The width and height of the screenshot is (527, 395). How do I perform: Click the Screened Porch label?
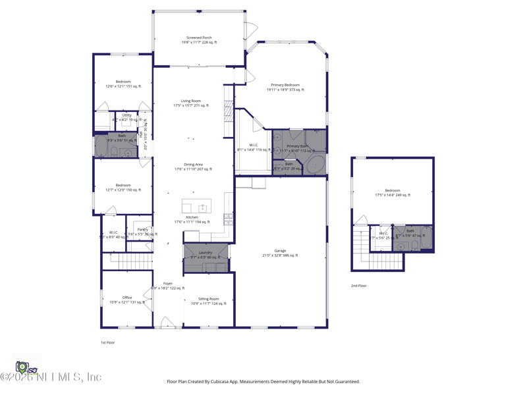(199, 38)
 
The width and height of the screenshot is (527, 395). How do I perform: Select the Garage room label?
(281, 251)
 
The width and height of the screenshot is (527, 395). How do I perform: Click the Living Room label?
(190, 101)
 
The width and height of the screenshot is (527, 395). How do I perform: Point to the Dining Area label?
(193, 165)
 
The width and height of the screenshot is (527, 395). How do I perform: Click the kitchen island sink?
(203, 208)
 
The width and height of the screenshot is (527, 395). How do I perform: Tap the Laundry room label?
(205, 252)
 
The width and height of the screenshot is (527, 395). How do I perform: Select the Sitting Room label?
(209, 299)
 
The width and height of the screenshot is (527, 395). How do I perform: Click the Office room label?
(126, 298)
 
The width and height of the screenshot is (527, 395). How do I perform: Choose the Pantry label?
(142, 230)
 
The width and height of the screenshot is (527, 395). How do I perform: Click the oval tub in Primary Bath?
(316, 164)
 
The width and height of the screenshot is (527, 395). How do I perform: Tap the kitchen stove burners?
(228, 219)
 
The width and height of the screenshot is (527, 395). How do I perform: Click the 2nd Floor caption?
(358, 286)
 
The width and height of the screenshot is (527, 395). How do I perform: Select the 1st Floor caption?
(107, 342)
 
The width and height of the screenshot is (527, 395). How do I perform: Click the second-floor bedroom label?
(393, 190)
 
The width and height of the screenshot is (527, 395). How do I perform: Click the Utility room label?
(126, 115)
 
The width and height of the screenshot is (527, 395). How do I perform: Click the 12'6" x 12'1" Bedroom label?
(123, 82)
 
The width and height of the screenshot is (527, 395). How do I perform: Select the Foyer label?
(168, 284)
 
